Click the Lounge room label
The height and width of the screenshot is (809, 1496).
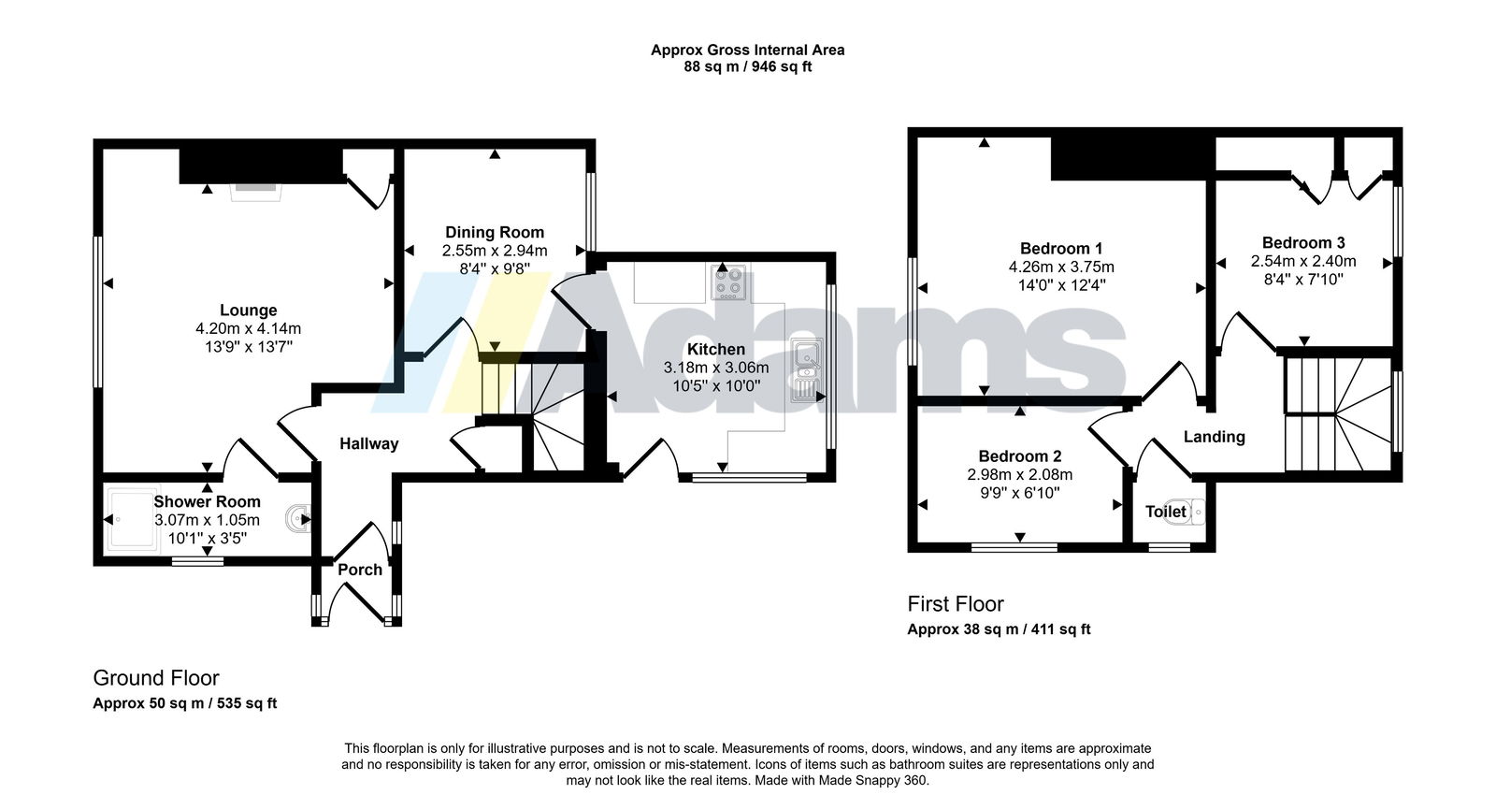(249, 310)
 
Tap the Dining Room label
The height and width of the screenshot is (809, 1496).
(495, 233)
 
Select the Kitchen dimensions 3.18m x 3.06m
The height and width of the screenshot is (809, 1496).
(716, 368)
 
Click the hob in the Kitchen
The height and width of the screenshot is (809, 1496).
(728, 282)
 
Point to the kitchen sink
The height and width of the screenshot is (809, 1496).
(807, 370)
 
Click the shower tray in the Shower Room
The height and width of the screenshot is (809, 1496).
(132, 519)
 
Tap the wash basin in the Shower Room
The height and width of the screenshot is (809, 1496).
(298, 518)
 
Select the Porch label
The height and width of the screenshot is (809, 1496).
(360, 570)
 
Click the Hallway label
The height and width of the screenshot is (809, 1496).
(368, 443)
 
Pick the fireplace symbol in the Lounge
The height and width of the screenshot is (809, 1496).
(256, 192)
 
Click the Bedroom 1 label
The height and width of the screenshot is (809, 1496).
(1061, 249)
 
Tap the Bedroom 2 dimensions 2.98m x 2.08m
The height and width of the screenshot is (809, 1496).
(1020, 475)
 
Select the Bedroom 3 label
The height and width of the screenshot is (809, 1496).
(1303, 242)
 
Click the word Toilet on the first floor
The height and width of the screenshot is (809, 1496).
(1165, 512)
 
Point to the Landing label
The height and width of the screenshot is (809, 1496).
(1215, 437)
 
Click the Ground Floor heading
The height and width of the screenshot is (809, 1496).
(156, 678)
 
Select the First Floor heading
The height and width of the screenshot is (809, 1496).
(955, 604)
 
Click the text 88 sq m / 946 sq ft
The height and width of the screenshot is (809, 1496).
(747, 66)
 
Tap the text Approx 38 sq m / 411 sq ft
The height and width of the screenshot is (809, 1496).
(999, 629)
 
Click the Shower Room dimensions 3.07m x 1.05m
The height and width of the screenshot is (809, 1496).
(207, 520)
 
